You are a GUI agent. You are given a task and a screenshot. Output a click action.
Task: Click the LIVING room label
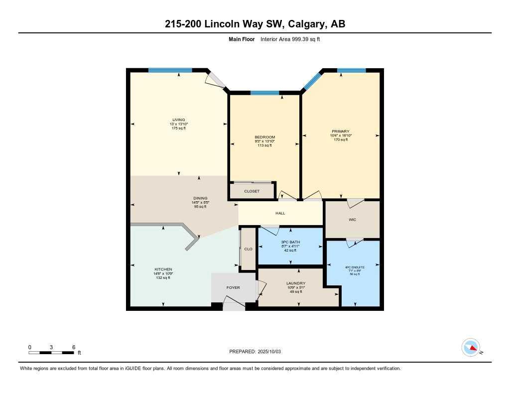(x=179, y=120)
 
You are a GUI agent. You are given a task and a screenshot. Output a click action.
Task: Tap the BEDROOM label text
(x=265, y=137)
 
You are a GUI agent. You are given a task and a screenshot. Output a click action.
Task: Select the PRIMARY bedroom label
(x=341, y=131)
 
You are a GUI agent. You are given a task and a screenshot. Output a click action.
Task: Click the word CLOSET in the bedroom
(x=252, y=191)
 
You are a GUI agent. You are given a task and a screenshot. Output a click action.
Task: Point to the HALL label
(x=280, y=213)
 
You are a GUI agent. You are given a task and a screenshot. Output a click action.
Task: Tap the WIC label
(x=353, y=219)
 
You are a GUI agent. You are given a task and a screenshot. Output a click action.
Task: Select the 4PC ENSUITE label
(x=355, y=267)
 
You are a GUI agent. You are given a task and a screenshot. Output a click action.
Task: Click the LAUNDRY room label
(x=296, y=283)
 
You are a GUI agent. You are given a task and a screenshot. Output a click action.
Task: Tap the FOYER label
(x=233, y=287)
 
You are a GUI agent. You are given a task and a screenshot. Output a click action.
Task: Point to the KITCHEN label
(x=163, y=269)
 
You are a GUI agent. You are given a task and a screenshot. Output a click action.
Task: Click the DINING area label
(x=200, y=198)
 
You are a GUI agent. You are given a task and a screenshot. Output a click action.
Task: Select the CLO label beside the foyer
(x=248, y=249)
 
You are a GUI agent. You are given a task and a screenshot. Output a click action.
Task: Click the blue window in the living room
(x=170, y=70)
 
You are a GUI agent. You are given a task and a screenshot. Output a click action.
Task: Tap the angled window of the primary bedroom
(x=312, y=81)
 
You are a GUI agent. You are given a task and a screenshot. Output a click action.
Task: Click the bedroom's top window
(x=264, y=93)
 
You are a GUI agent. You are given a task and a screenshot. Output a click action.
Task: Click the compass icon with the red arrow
(x=471, y=347)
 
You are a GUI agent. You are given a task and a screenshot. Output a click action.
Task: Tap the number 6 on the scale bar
(x=74, y=347)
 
